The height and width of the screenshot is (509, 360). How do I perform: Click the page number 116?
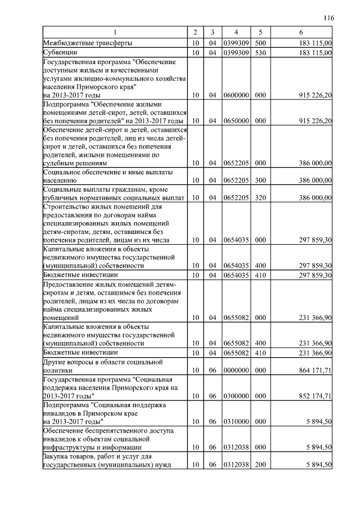point(329,18)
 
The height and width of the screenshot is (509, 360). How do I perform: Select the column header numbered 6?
point(301,32)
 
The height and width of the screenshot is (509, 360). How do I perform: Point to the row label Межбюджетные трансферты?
point(84,42)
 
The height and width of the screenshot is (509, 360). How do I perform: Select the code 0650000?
point(236,121)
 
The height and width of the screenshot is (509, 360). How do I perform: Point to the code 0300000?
point(236,396)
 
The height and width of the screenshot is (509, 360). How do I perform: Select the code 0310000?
point(236,421)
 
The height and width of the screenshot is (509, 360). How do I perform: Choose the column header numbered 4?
point(236,32)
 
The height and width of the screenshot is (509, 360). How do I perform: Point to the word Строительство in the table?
point(65,206)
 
